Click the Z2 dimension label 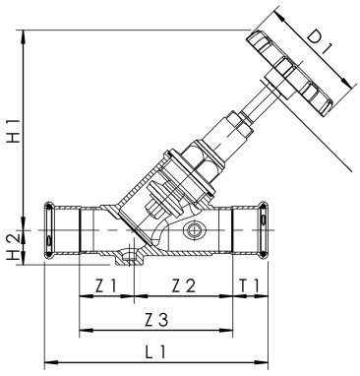click(x=183, y=286)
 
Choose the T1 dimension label click(x=250, y=286)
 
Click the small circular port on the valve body click(x=196, y=233)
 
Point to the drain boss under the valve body click(x=125, y=260)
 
